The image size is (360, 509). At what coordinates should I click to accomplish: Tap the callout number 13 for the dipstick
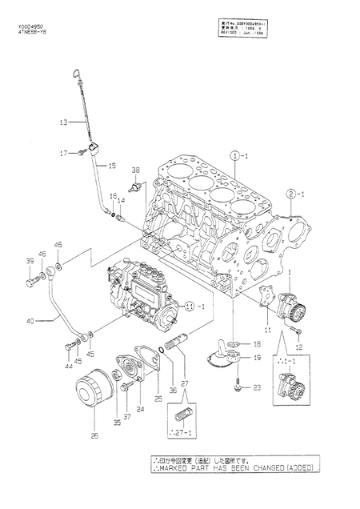(63, 122)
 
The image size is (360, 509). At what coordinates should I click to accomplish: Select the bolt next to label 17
(82, 152)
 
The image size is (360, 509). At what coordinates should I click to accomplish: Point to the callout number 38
(135, 170)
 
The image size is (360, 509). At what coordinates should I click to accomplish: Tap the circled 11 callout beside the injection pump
(189, 306)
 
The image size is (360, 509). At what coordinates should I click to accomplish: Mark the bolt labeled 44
(67, 345)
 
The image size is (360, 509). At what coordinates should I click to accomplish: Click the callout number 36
(150, 367)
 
